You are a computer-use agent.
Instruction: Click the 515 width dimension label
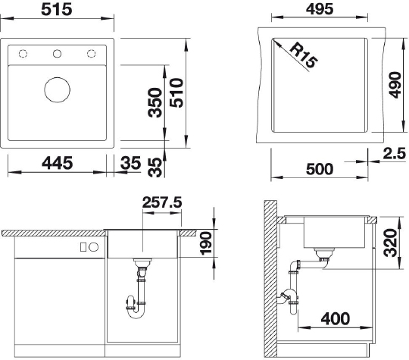pyautogui.click(x=57, y=9)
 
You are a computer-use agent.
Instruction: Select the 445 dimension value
pyautogui.click(x=58, y=163)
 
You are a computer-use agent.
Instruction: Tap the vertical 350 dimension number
pyautogui.click(x=155, y=102)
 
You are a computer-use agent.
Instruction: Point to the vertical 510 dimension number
pyautogui.click(x=176, y=92)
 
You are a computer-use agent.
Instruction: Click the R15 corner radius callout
pyautogui.click(x=304, y=55)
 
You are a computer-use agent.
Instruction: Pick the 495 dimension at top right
pyautogui.click(x=320, y=9)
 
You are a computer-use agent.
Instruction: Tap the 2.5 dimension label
pyautogui.click(x=395, y=154)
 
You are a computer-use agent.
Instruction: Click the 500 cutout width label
pyautogui.click(x=320, y=169)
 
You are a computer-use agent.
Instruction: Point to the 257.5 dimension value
pyautogui.click(x=162, y=202)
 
